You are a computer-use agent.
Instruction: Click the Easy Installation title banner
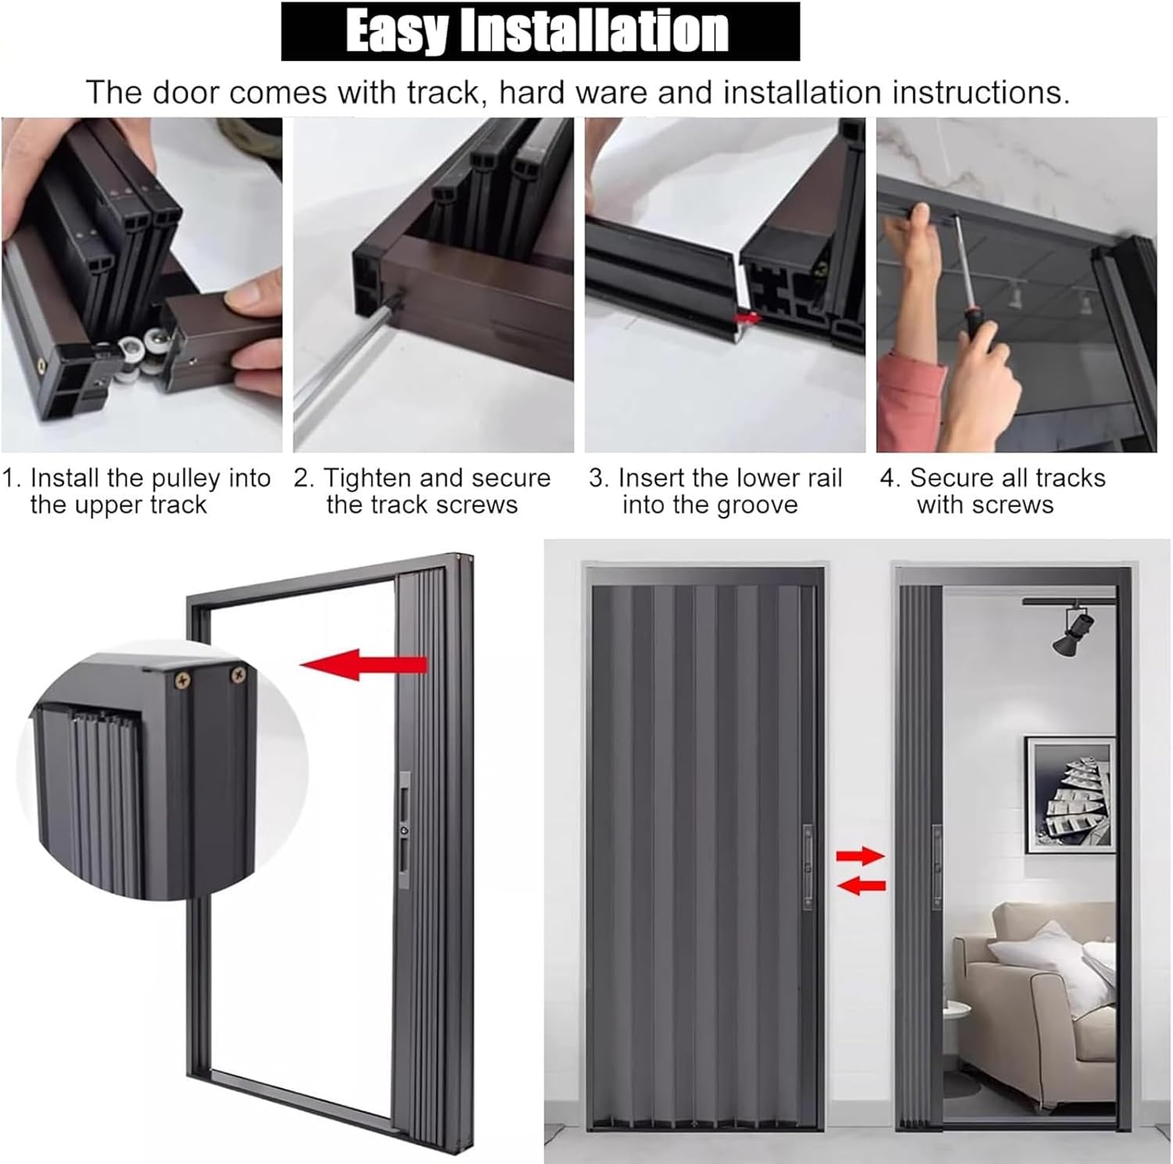pyautogui.click(x=540, y=31)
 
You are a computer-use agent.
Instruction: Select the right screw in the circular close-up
pyautogui.click(x=237, y=672)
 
